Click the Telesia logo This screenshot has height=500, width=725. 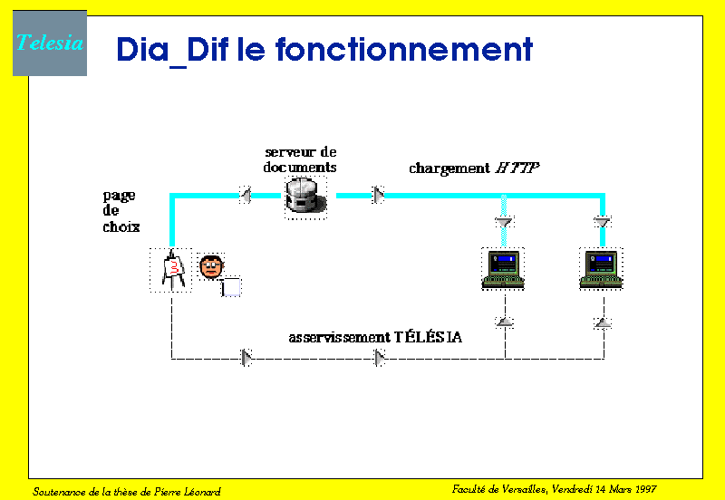(50, 43)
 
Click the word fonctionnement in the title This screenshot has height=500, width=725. (404, 49)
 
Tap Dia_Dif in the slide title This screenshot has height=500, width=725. (172, 51)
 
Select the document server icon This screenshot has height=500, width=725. (305, 197)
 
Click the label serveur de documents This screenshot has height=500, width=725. (300, 159)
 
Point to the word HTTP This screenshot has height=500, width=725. (517, 168)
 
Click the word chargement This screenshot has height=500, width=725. (449, 168)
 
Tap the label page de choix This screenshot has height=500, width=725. (121, 211)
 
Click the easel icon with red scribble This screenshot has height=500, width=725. (171, 270)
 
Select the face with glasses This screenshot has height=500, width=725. (211, 266)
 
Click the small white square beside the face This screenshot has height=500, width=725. (231, 287)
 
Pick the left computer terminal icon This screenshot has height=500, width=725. (503, 269)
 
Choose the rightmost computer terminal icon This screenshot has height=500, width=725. (601, 269)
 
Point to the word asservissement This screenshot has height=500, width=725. (339, 338)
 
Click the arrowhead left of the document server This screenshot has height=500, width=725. (246, 195)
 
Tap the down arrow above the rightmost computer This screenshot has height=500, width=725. (603, 222)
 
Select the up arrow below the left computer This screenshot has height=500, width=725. (505, 322)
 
